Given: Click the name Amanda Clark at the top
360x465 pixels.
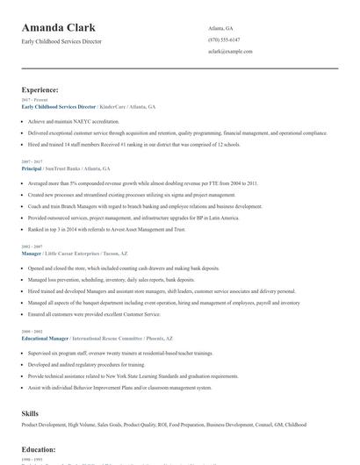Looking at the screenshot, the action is (x=59, y=28).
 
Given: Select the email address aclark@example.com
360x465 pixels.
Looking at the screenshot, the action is (x=230, y=51).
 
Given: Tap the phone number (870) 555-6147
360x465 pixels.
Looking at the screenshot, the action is (x=223, y=39).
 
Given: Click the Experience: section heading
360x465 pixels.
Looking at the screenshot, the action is (x=40, y=89).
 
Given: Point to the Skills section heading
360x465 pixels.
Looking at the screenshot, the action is (x=30, y=411).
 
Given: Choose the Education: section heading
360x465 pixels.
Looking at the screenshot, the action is (x=39, y=449).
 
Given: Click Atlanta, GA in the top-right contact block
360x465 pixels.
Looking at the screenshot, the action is (x=220, y=28).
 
